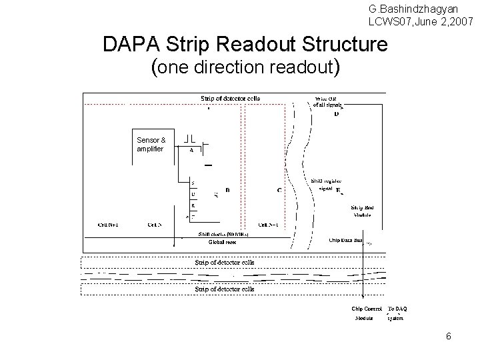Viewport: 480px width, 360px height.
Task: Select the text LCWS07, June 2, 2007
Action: coord(422,22)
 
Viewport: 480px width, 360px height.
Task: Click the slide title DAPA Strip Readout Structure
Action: coord(245,45)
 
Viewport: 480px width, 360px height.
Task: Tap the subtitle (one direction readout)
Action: coord(246,67)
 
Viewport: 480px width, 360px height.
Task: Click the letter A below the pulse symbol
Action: coord(191,151)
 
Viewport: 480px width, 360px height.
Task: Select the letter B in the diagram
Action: coord(228,190)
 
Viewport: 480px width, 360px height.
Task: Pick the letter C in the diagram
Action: coord(279,190)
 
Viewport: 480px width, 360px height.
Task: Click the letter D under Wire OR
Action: coord(336,114)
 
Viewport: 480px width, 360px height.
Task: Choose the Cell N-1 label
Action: coord(270,225)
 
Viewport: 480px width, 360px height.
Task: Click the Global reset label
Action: coord(222,243)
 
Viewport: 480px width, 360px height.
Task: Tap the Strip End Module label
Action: coord(363,212)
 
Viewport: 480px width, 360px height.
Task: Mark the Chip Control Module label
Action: coord(367,313)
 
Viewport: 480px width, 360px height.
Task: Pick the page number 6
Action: coord(449,337)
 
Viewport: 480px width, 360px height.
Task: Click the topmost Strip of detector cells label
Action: coord(231,98)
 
